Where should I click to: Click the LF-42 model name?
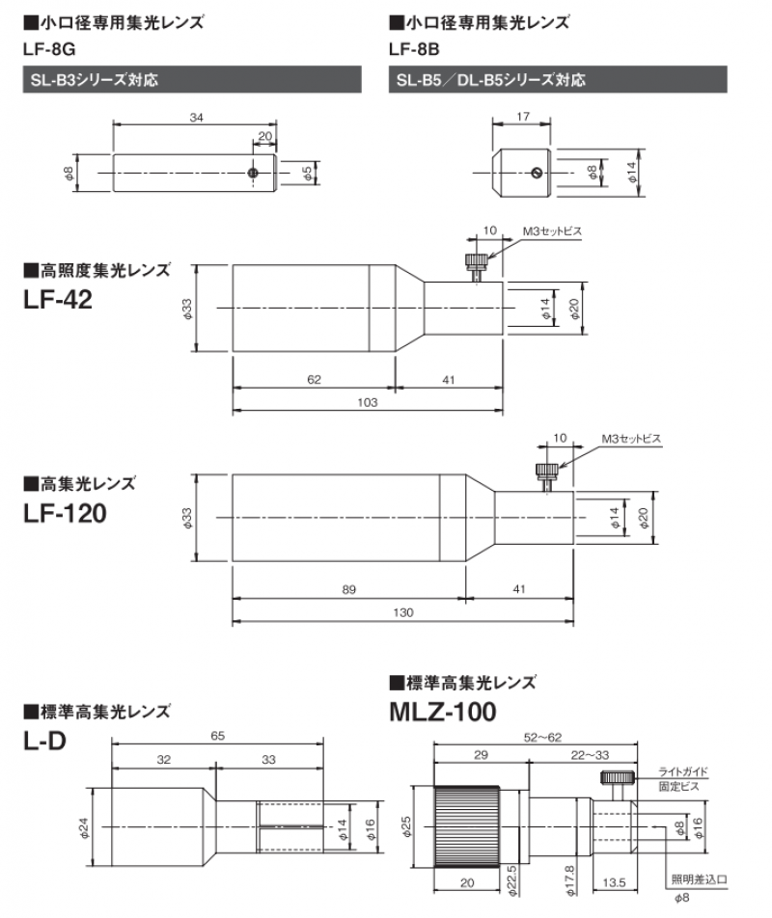click(x=57, y=300)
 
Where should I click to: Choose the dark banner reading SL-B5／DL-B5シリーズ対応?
click(x=557, y=80)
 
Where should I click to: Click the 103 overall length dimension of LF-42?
click(x=367, y=402)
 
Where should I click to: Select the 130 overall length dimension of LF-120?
click(x=402, y=613)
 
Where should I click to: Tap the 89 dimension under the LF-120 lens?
click(x=346, y=587)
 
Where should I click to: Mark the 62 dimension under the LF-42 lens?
click(x=314, y=379)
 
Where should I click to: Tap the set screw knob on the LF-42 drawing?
click(x=476, y=262)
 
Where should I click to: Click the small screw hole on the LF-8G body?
click(x=252, y=172)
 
